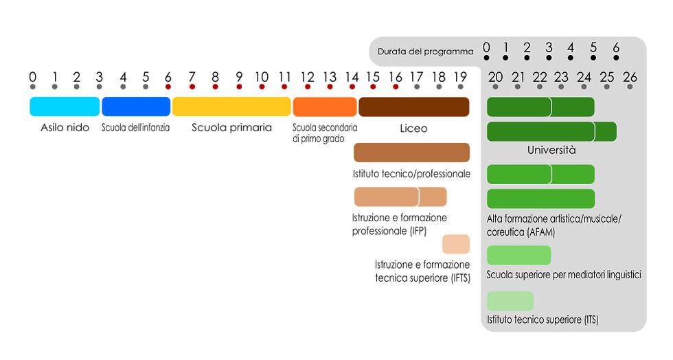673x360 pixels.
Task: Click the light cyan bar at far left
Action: (x=65, y=106)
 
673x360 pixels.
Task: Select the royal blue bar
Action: (x=136, y=106)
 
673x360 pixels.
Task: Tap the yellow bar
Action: (x=231, y=106)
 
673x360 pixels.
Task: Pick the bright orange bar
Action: (x=325, y=106)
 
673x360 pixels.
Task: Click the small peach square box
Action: (x=456, y=245)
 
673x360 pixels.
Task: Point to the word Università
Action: (x=551, y=150)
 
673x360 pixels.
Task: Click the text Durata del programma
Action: (x=426, y=52)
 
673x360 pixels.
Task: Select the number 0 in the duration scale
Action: (x=486, y=47)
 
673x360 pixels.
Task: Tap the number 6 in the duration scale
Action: (x=616, y=47)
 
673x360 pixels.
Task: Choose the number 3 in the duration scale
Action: (x=549, y=47)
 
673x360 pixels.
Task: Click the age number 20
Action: (x=495, y=78)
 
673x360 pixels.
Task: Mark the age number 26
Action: (x=630, y=78)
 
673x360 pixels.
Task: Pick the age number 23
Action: (x=562, y=78)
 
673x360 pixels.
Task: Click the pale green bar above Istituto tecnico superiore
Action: (x=510, y=301)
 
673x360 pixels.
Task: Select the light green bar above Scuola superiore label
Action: (x=518, y=255)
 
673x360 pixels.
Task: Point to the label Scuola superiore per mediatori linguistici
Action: (x=564, y=275)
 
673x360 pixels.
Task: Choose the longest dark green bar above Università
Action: (x=551, y=131)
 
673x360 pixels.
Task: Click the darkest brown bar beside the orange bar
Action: (x=414, y=106)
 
